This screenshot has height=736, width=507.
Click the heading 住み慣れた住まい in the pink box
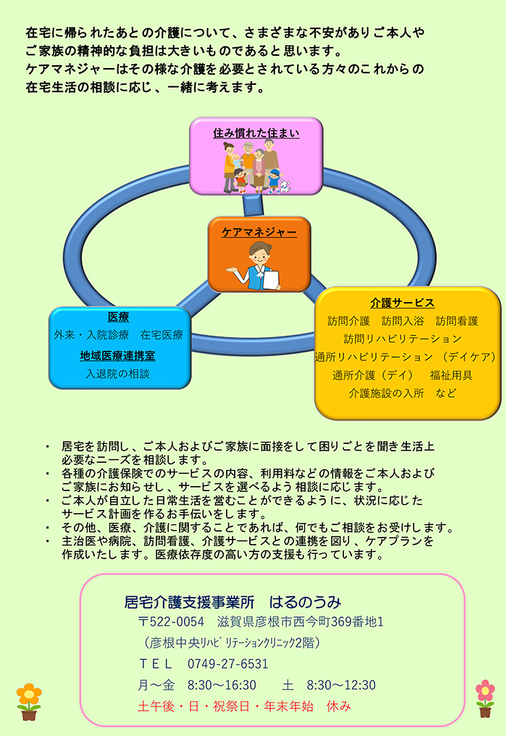[x=256, y=133]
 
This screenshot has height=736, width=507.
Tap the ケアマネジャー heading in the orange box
[x=259, y=232]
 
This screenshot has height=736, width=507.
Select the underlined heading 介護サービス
[x=402, y=303]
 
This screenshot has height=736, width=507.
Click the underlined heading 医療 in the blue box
[x=118, y=317]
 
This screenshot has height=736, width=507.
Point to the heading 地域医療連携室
[x=117, y=356]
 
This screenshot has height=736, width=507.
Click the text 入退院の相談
[x=117, y=374]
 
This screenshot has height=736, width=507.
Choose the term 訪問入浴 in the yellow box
[x=402, y=321]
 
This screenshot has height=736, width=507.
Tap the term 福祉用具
[x=451, y=375]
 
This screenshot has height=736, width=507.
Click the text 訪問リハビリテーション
[x=403, y=339]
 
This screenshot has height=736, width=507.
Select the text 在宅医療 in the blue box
[x=162, y=335]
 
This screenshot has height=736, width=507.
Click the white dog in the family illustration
[x=285, y=186]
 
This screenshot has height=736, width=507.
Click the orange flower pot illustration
[x=29, y=702]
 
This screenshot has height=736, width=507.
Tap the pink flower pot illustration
[x=485, y=698]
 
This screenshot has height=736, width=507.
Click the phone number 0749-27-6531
[x=227, y=664]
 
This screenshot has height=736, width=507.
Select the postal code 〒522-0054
[x=172, y=622]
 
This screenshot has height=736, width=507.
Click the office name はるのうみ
[x=305, y=602]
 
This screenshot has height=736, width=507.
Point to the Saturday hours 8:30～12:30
[x=341, y=685]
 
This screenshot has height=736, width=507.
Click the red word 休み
[x=338, y=706]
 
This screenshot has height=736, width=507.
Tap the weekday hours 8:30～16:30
[x=222, y=685]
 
